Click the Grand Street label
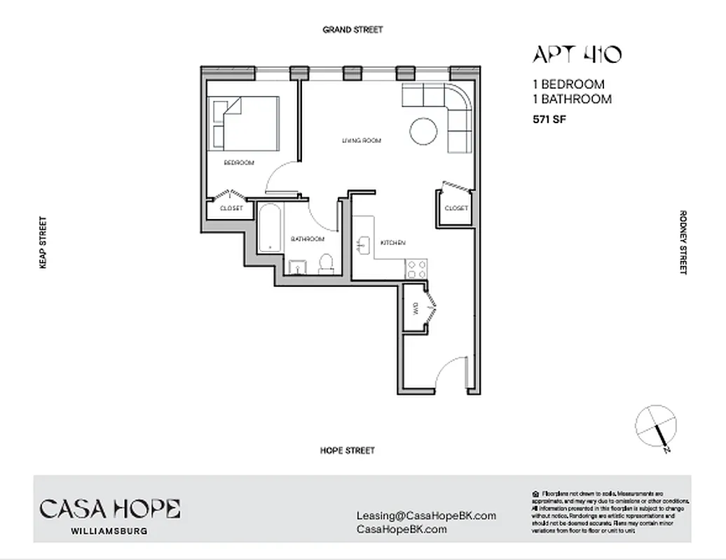tap(352, 30)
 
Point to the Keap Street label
tap(43, 242)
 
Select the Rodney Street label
tap(683, 242)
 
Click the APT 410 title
tap(577, 55)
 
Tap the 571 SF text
tap(549, 119)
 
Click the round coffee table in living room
tap(424, 131)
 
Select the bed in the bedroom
tap(244, 122)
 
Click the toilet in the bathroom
tap(325, 263)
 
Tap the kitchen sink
tap(363, 244)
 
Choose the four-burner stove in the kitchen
tap(417, 269)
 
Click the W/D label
tap(415, 308)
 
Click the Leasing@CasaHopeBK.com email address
tap(426, 516)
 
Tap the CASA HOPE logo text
tap(110, 509)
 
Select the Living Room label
tap(361, 141)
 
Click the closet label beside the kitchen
tap(456, 209)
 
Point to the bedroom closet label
tap(231, 209)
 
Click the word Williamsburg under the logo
tap(109, 531)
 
